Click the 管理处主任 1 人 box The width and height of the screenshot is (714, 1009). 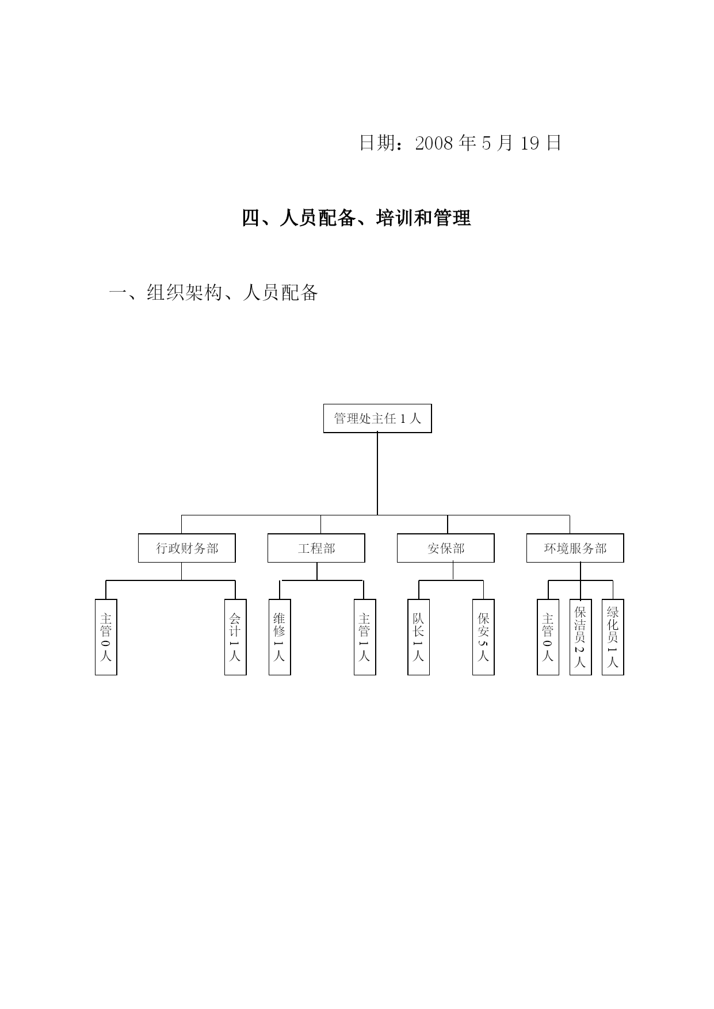[x=377, y=418]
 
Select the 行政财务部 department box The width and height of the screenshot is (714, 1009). [x=187, y=548]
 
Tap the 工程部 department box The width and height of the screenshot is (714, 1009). [x=316, y=548]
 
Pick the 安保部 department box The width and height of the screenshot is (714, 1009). [x=446, y=548]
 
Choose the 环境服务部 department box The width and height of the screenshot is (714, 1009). [x=575, y=548]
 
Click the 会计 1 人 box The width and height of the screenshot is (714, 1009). [x=235, y=637]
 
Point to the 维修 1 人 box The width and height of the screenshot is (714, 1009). [x=280, y=637]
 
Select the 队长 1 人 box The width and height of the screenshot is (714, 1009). [x=418, y=637]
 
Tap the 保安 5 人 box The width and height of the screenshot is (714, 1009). [x=483, y=637]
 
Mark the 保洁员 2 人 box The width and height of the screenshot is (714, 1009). [x=581, y=637]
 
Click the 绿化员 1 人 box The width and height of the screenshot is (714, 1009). [x=613, y=637]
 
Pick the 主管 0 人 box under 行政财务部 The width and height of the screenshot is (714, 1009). [x=106, y=637]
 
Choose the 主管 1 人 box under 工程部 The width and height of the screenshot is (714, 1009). [x=365, y=637]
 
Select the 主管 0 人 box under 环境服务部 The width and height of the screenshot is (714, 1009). [x=548, y=637]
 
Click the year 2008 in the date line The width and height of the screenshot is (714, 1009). [x=435, y=143]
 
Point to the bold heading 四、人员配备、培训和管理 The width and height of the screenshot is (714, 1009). [x=357, y=218]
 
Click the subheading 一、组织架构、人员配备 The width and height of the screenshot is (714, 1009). [x=213, y=293]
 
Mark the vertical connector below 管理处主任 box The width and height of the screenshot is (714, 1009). [x=377, y=474]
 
